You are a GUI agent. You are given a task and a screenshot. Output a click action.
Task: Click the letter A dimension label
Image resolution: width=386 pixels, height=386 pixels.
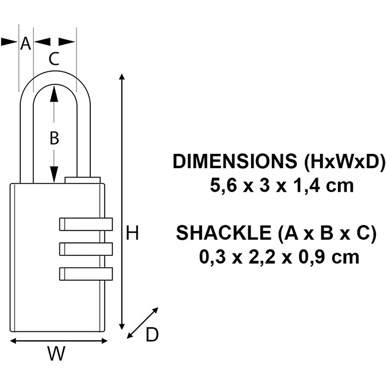point(26,43)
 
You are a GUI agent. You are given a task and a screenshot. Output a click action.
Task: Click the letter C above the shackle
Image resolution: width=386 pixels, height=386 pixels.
point(53,59)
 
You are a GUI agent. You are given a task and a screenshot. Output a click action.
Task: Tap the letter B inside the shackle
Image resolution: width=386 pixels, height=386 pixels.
point(54,138)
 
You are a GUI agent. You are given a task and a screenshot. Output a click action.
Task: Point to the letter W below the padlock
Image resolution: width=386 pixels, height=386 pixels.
point(56,354)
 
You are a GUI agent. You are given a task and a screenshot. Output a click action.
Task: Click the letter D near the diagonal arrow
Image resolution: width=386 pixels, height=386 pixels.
point(152,335)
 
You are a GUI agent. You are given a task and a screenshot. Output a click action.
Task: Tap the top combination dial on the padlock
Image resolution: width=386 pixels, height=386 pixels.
point(86,224)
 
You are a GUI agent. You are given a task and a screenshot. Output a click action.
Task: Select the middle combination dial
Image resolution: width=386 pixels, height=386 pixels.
point(86,248)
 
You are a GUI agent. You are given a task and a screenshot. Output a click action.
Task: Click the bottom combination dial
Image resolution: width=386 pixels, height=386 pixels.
point(86,273)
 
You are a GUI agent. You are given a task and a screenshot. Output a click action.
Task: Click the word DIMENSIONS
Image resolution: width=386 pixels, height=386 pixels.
point(235,162)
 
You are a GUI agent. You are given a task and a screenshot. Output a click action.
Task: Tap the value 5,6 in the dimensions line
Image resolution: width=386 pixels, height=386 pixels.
point(223,186)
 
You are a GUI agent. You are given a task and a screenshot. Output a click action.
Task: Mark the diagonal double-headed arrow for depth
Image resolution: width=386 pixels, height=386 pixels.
point(143,324)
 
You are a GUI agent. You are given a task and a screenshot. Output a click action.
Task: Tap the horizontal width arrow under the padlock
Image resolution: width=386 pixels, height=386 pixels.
point(60,341)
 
